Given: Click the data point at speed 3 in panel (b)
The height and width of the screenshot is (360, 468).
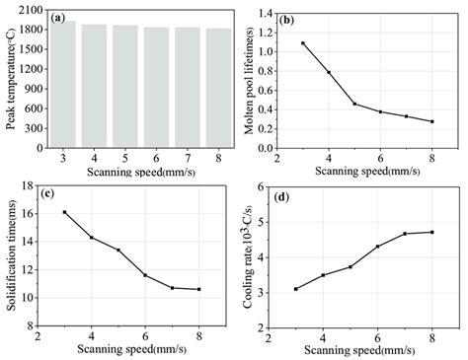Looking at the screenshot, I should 303,43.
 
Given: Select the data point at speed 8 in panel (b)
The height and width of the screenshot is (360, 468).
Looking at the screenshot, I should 430,121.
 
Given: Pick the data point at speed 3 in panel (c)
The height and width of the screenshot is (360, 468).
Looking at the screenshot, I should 65,212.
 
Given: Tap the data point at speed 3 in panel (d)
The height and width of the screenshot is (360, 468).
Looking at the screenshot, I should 295,289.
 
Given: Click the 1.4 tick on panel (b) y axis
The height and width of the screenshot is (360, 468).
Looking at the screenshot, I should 263,12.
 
